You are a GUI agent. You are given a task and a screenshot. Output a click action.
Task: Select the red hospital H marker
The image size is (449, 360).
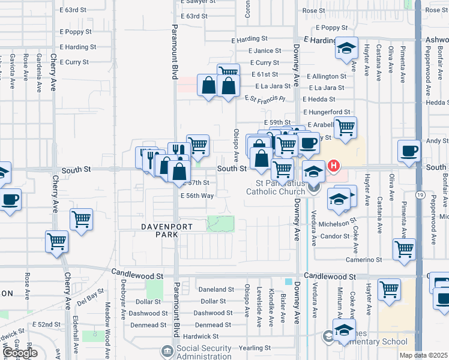333,166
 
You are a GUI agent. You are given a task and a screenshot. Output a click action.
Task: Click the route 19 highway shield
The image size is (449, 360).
421,196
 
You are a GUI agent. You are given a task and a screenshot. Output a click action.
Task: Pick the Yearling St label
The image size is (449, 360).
255,348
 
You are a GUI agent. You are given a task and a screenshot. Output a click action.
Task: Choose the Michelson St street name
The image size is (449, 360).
339,224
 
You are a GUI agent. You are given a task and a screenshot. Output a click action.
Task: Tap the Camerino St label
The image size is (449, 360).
363,260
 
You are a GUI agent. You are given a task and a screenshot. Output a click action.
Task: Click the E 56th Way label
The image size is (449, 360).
197,196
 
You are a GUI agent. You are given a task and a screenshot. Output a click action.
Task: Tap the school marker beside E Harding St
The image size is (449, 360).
346,49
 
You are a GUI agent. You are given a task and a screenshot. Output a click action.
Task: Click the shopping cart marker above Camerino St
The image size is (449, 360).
404,248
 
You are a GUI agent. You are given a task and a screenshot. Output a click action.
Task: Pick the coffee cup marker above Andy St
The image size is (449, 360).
409,151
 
